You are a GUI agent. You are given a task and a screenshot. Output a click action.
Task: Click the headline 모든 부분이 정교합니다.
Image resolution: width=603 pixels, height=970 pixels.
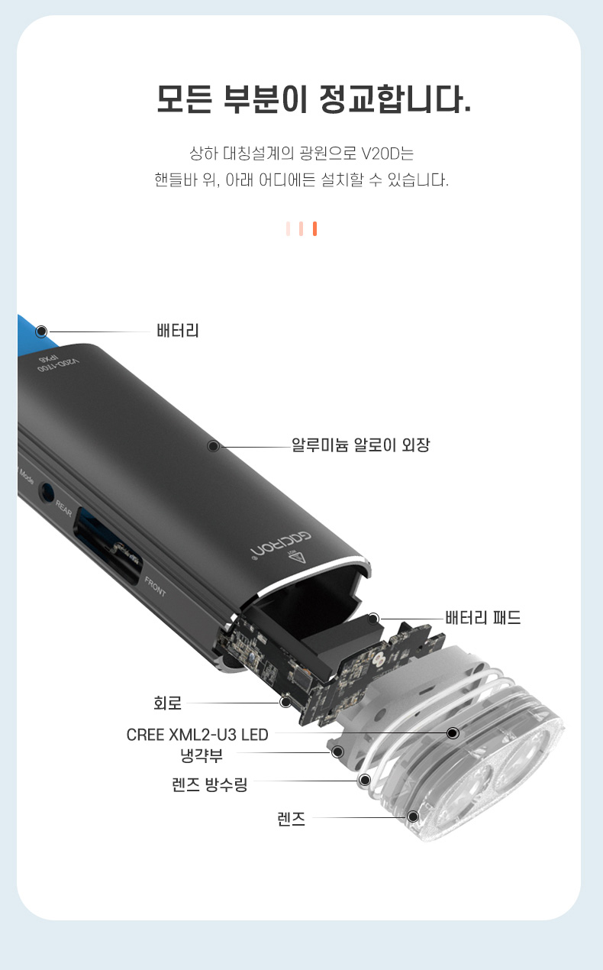tap(314, 99)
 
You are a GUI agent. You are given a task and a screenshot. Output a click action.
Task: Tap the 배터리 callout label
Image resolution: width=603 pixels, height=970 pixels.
tap(178, 331)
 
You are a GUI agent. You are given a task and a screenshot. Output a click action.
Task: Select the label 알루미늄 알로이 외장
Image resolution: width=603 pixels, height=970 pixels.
tap(360, 445)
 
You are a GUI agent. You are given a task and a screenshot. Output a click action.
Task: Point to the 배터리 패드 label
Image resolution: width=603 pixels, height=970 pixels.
tap(483, 617)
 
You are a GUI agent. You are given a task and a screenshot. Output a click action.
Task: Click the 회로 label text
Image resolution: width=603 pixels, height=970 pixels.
tap(167, 703)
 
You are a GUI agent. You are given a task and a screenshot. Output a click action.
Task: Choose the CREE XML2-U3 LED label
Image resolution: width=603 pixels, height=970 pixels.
tap(198, 735)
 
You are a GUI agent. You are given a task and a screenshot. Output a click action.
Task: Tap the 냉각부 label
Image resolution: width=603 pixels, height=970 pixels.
tap(202, 755)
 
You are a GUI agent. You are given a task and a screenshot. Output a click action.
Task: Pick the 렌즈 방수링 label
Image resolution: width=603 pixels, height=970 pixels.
tap(209, 784)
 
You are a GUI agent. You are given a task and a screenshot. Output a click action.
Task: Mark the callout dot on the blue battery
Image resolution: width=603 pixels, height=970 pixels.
tap(41, 331)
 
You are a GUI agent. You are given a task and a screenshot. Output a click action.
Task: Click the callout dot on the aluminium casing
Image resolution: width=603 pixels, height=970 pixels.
tap(213, 446)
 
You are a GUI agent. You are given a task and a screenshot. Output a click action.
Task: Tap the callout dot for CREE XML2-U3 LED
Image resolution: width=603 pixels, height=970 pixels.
tap(453, 733)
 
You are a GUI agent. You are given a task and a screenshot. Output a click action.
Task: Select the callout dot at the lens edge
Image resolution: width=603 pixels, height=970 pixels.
tap(414, 816)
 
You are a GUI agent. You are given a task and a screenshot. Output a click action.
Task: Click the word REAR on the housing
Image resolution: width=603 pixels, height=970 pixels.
tap(63, 509)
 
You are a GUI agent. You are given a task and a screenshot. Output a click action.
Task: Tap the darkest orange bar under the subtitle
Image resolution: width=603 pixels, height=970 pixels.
tap(314, 228)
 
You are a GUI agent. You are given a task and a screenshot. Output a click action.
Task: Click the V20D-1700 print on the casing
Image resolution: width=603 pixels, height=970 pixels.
tap(59, 365)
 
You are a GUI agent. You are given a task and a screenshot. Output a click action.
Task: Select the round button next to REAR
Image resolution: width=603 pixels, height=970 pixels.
tap(47, 493)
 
